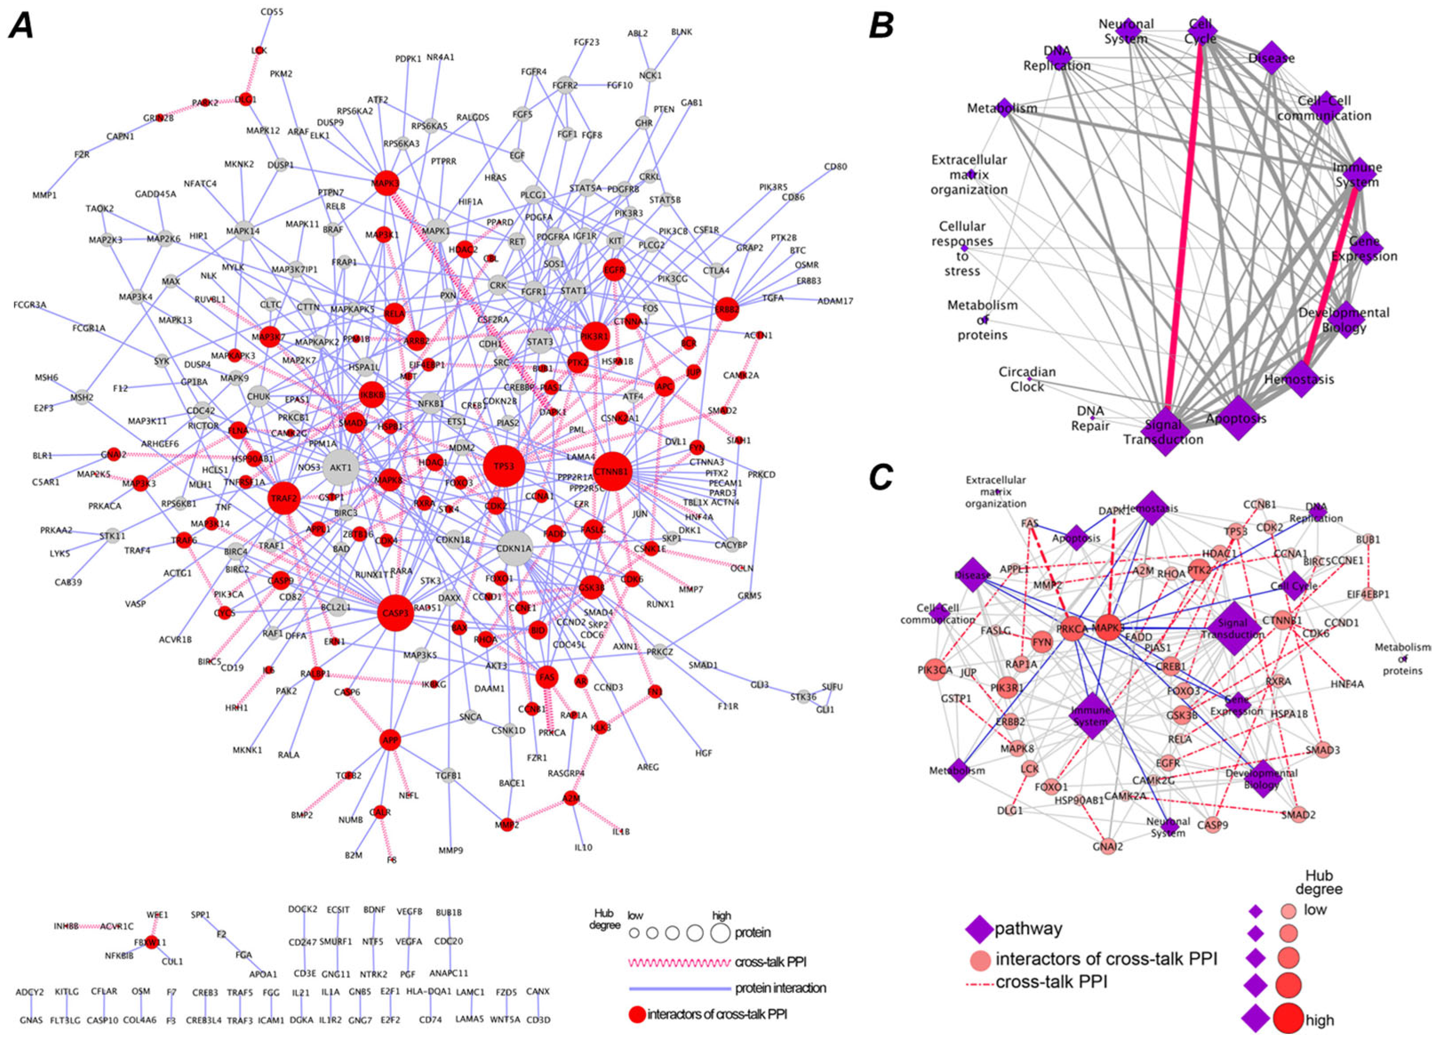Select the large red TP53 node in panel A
(x=504, y=466)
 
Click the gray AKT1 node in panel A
(x=340, y=468)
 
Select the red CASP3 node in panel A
(x=395, y=613)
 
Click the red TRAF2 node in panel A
(x=284, y=498)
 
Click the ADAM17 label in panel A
(x=835, y=301)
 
